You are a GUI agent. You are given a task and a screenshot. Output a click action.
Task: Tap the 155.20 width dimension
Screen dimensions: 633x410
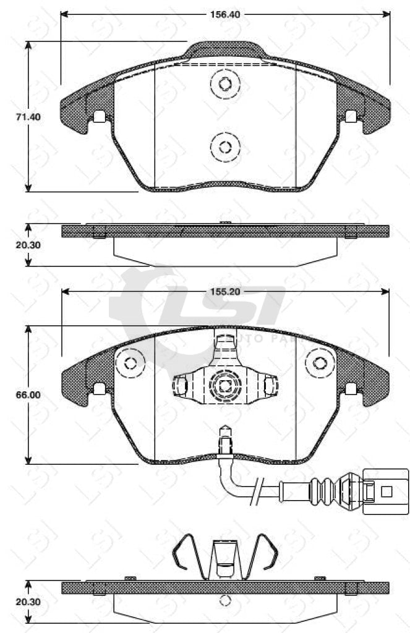pos(225,289)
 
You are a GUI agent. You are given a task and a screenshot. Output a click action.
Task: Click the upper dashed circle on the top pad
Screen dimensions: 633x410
pos(224,84)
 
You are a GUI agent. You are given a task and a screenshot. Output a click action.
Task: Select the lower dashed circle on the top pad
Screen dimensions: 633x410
pos(224,147)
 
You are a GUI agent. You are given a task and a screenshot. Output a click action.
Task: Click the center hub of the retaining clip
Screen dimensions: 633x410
pos(224,385)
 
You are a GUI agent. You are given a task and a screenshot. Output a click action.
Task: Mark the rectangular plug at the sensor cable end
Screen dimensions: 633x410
pos(386,491)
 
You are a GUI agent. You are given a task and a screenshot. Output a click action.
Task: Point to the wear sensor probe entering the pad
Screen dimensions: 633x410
pos(225,440)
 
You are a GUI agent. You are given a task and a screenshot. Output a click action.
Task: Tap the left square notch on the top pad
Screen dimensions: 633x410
pos(98,116)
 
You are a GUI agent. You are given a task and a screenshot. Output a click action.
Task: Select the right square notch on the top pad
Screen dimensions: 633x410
pos(351,116)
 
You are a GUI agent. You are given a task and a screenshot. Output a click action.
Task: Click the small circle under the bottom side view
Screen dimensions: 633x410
pos(225,600)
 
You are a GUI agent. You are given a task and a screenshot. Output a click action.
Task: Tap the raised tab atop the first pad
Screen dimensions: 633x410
pos(225,49)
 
